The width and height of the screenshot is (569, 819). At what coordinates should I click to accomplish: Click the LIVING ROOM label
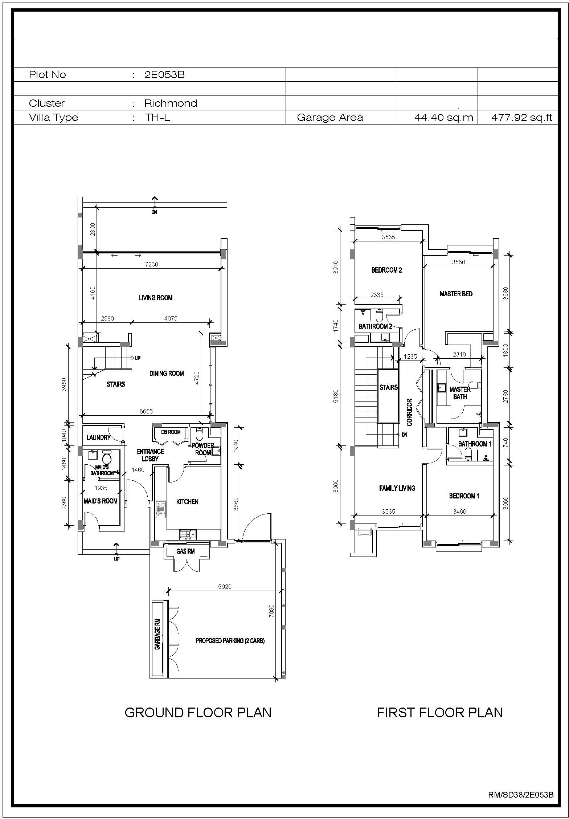tap(156, 298)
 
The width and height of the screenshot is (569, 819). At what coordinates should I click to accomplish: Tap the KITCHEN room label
tap(187, 502)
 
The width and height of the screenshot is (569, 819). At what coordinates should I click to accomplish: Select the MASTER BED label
tap(456, 294)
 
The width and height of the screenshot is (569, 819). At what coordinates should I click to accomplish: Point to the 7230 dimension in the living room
tap(152, 264)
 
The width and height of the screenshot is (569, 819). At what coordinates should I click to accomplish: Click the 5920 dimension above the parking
tap(225, 586)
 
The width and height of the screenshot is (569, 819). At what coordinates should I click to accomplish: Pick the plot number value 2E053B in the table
tap(164, 74)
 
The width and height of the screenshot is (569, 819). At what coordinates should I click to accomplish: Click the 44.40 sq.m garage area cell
tap(444, 117)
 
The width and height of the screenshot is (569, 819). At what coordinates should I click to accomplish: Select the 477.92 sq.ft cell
tap(521, 117)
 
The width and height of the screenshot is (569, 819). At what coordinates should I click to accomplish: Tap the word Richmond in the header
tap(171, 103)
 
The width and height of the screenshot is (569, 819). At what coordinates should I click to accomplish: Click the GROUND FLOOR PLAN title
tap(198, 713)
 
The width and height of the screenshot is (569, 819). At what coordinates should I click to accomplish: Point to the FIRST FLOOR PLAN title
tap(440, 713)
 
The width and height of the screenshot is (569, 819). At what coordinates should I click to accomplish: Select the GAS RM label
tap(185, 551)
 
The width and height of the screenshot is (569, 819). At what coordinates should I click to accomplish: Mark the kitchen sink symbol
tap(188, 534)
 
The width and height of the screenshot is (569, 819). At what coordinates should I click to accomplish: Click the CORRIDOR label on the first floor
tap(410, 412)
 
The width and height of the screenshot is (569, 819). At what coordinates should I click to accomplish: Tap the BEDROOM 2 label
tap(386, 270)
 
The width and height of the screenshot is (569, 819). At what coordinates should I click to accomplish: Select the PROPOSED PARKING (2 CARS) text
tap(230, 641)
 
